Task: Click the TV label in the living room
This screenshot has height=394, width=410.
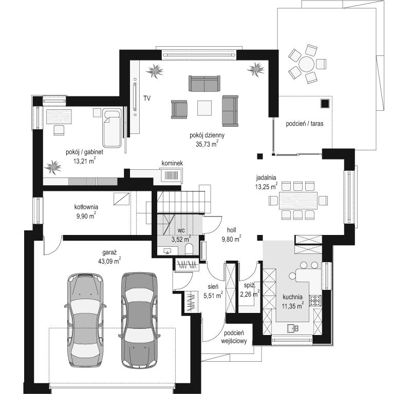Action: [147, 98]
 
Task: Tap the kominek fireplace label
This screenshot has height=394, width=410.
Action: [172, 164]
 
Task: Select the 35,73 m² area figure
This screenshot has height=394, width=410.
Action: [207, 144]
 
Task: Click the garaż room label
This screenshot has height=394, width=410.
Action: [109, 252]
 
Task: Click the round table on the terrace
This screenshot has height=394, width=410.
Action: [306, 64]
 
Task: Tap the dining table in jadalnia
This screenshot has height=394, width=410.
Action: [298, 201]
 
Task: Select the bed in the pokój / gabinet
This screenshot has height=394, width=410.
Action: [112, 128]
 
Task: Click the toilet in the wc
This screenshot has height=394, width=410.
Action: [189, 249]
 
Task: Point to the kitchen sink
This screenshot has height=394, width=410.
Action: [292, 328]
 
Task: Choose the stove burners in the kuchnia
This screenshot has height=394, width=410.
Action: [315, 300]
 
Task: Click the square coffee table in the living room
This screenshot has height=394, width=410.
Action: [204, 108]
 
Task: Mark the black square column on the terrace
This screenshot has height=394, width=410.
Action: [325, 104]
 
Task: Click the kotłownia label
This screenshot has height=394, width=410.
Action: [86, 207]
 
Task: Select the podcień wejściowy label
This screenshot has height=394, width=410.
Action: [234, 337]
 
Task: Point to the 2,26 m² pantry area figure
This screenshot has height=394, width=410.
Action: [250, 294]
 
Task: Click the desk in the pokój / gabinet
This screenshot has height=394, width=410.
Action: [59, 116]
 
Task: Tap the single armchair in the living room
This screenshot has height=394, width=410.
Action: [179, 109]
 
